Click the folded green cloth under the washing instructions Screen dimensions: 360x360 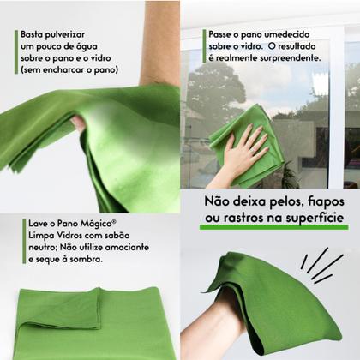[94, 321]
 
